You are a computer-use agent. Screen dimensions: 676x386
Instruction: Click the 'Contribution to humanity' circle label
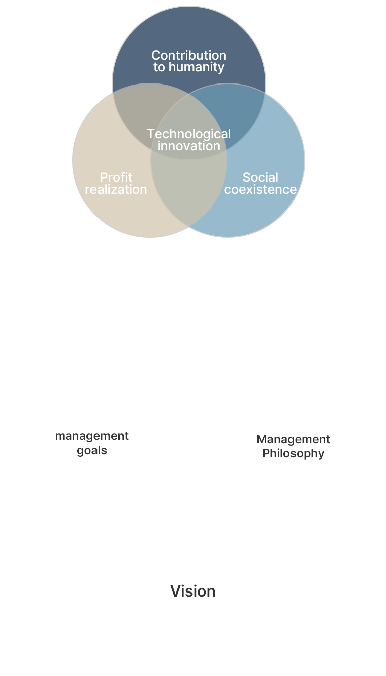pyautogui.click(x=188, y=61)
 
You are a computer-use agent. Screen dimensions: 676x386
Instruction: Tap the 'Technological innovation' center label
pyautogui.click(x=189, y=140)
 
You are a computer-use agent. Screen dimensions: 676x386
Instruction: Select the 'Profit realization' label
pyautogui.click(x=116, y=183)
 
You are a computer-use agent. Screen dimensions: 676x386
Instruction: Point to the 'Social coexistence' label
pyautogui.click(x=260, y=183)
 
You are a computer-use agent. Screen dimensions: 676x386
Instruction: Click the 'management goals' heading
pyautogui.click(x=92, y=443)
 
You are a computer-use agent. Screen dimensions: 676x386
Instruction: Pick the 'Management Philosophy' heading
pyautogui.click(x=293, y=446)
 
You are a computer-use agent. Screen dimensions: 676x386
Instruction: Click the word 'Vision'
pyautogui.click(x=192, y=591)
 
